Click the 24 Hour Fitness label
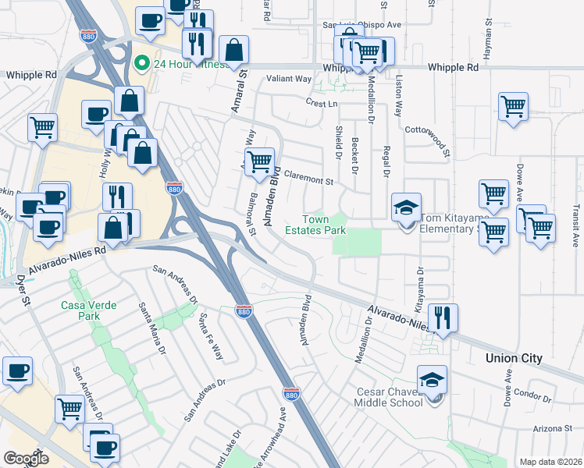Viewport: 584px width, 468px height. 183,64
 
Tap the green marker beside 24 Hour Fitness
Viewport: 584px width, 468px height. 141,64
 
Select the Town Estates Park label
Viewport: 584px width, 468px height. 315,225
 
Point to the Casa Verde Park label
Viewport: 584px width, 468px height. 81,310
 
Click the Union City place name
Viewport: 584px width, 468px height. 514,359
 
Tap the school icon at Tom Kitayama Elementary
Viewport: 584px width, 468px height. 406,208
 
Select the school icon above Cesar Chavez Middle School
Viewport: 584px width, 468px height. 432,380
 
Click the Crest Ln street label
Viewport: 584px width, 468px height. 322,103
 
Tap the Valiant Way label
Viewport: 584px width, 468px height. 289,79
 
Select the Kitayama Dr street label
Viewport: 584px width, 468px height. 419,285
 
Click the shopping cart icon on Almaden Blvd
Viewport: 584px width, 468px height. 259,162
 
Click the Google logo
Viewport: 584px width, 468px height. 26,459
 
